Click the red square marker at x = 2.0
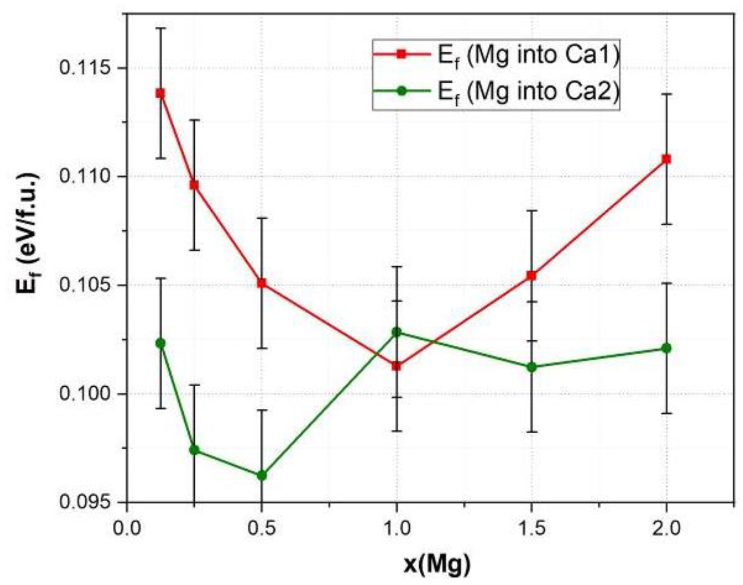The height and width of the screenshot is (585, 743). click(x=666, y=159)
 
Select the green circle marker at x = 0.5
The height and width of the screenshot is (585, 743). click(x=261, y=475)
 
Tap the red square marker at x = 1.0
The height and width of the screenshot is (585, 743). click(x=396, y=366)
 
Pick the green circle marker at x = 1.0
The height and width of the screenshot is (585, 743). click(x=396, y=332)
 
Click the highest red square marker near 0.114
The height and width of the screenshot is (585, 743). click(x=160, y=93)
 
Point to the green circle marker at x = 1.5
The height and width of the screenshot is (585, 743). click(x=532, y=367)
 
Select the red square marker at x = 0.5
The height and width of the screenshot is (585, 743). click(x=261, y=283)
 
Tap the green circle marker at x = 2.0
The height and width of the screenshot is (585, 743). click(x=666, y=348)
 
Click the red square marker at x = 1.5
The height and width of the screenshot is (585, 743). click(x=532, y=275)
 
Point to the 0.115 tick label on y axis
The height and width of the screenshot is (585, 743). click(x=85, y=68)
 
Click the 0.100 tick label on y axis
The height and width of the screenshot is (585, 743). click(x=85, y=393)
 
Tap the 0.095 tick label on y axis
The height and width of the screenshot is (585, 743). click(x=85, y=502)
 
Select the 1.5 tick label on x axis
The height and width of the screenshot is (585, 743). click(x=532, y=528)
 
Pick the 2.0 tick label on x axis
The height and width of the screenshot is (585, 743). click(x=666, y=528)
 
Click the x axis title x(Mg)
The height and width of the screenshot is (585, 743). click(x=436, y=564)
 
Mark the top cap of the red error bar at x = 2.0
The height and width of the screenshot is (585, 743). click(x=666, y=94)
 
